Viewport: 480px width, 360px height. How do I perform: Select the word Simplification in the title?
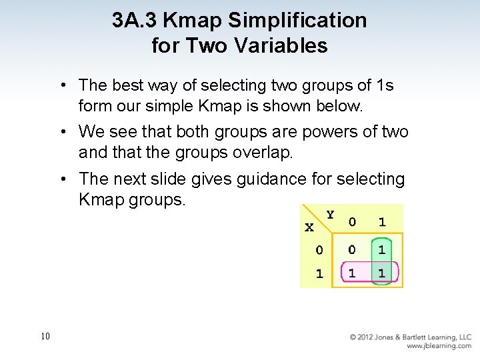click(297, 21)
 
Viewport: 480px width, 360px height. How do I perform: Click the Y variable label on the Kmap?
click(331, 215)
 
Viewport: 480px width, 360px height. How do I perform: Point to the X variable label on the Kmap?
click(309, 227)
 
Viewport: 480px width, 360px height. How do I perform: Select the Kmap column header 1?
click(381, 222)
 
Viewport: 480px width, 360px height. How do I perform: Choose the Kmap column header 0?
click(352, 222)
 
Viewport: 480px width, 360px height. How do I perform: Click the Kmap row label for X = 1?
click(319, 273)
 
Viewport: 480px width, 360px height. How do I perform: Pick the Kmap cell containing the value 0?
click(351, 250)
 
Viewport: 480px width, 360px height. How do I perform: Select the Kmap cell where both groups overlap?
click(381, 273)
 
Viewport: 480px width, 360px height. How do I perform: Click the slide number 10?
click(45, 337)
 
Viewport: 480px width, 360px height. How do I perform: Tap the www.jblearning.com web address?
click(439, 346)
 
